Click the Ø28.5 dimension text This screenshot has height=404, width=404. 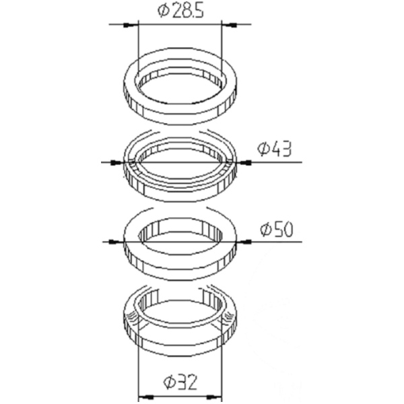tap(180, 12)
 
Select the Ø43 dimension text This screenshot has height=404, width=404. tap(275, 149)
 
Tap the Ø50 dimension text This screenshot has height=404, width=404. tap(277, 230)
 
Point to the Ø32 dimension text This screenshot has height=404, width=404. tap(180, 384)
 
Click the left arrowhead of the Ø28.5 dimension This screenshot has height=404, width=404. tap(131, 25)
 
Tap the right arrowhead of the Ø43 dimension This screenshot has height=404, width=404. tap(243, 162)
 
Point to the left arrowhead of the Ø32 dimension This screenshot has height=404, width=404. tap(143, 397)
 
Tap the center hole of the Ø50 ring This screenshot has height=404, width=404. tap(180, 237)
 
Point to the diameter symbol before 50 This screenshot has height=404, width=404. tap(264, 230)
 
